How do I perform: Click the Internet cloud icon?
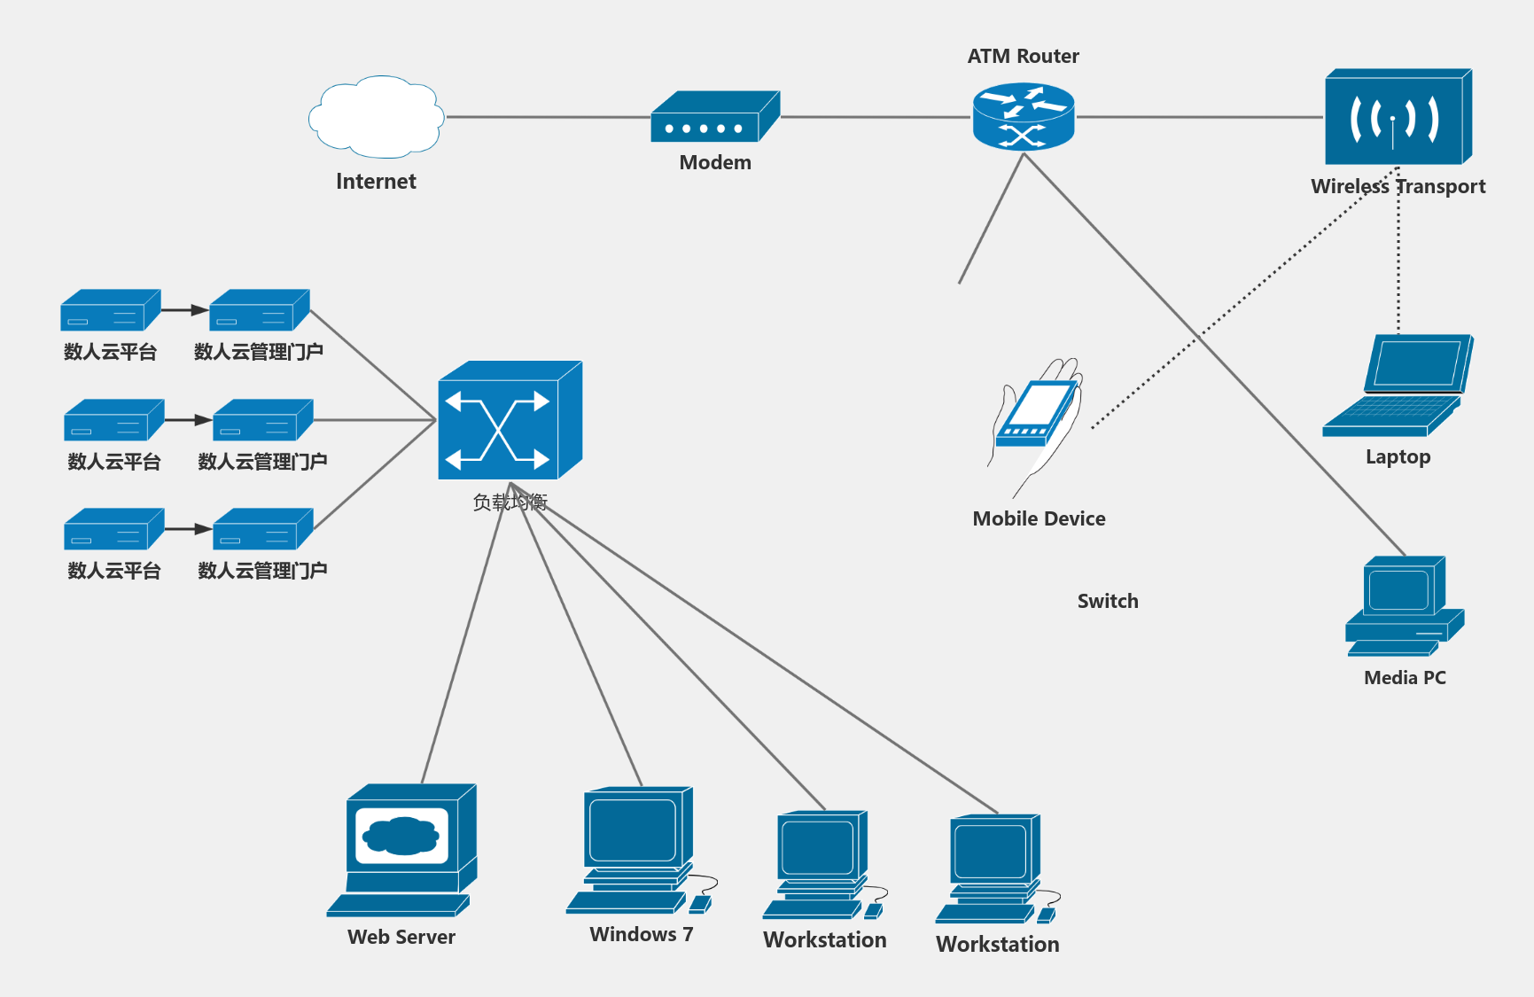coord(376,116)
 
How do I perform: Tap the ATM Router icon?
coord(1024,116)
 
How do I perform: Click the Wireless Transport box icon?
coord(1397,117)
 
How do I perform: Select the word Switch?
coord(1108,601)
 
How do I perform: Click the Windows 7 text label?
coord(641,934)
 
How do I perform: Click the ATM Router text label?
coord(1023,56)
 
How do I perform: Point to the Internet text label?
coord(376,182)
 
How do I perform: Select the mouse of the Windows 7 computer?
coord(700,903)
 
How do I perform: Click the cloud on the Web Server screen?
coord(402,836)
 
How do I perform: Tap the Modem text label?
coord(714,162)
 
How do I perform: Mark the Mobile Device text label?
coord(1039,518)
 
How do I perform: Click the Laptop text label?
coord(1398,457)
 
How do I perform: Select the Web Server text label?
coord(401,937)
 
